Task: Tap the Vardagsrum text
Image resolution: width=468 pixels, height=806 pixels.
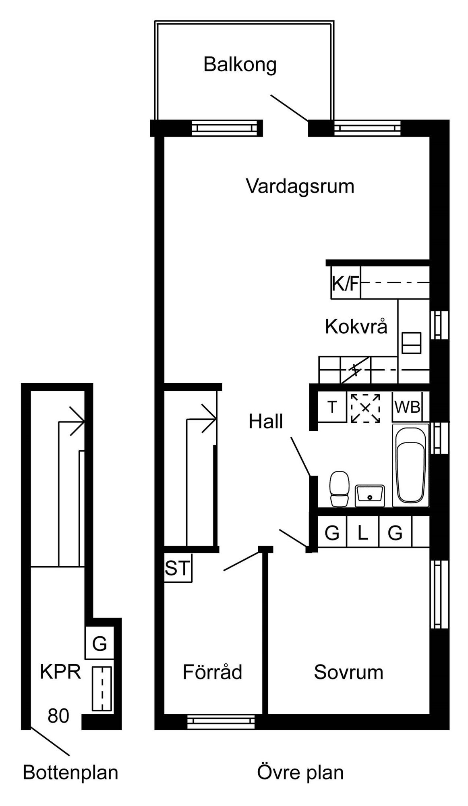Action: (x=300, y=187)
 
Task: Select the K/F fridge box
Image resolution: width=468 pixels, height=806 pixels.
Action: (x=346, y=283)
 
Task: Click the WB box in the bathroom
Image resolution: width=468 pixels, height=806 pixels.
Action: (x=407, y=407)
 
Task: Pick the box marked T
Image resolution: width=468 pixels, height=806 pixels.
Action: (x=332, y=407)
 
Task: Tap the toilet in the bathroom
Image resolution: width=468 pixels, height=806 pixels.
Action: (x=340, y=488)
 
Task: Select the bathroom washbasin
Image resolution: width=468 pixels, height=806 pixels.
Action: (x=370, y=495)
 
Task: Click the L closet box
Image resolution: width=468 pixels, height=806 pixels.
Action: (x=363, y=533)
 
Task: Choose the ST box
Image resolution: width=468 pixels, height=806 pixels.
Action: (x=178, y=568)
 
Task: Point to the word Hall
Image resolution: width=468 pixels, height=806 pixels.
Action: (x=266, y=422)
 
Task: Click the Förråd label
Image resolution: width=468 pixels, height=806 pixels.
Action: (x=212, y=672)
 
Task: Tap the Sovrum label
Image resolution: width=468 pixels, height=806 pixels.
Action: (x=348, y=672)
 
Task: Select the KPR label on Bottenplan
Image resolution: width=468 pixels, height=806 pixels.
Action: (x=60, y=672)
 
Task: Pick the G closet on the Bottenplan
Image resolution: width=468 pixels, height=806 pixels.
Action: (x=99, y=644)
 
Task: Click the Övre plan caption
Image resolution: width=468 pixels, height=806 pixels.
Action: (x=300, y=773)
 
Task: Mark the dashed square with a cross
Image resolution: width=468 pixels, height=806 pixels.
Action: (x=365, y=408)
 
